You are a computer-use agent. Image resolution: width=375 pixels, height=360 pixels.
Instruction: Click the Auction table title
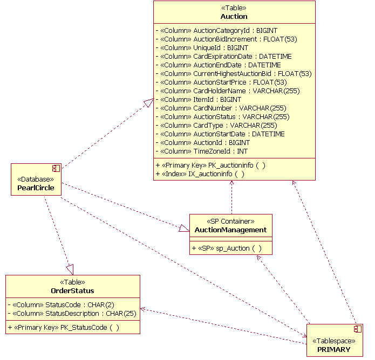234,17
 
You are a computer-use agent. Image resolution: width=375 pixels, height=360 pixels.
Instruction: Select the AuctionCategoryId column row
216,31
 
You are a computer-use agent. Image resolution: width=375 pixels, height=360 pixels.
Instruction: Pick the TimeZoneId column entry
202,151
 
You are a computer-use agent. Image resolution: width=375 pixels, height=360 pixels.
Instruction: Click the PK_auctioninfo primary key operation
210,165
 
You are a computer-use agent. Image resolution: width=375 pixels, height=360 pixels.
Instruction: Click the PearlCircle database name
36,188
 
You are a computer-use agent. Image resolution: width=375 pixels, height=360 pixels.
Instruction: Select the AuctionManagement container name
230,230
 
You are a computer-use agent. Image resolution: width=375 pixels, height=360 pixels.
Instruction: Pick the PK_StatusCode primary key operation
64,327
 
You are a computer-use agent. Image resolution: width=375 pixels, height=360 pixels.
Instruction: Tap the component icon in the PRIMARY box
357,329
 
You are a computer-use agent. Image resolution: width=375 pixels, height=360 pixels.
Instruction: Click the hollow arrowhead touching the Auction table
148,103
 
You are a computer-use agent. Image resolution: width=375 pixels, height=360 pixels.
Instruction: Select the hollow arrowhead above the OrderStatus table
69,269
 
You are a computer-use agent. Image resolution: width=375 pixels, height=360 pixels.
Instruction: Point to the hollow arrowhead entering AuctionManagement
184,229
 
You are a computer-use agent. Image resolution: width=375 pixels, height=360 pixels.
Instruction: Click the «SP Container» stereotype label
230,221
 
